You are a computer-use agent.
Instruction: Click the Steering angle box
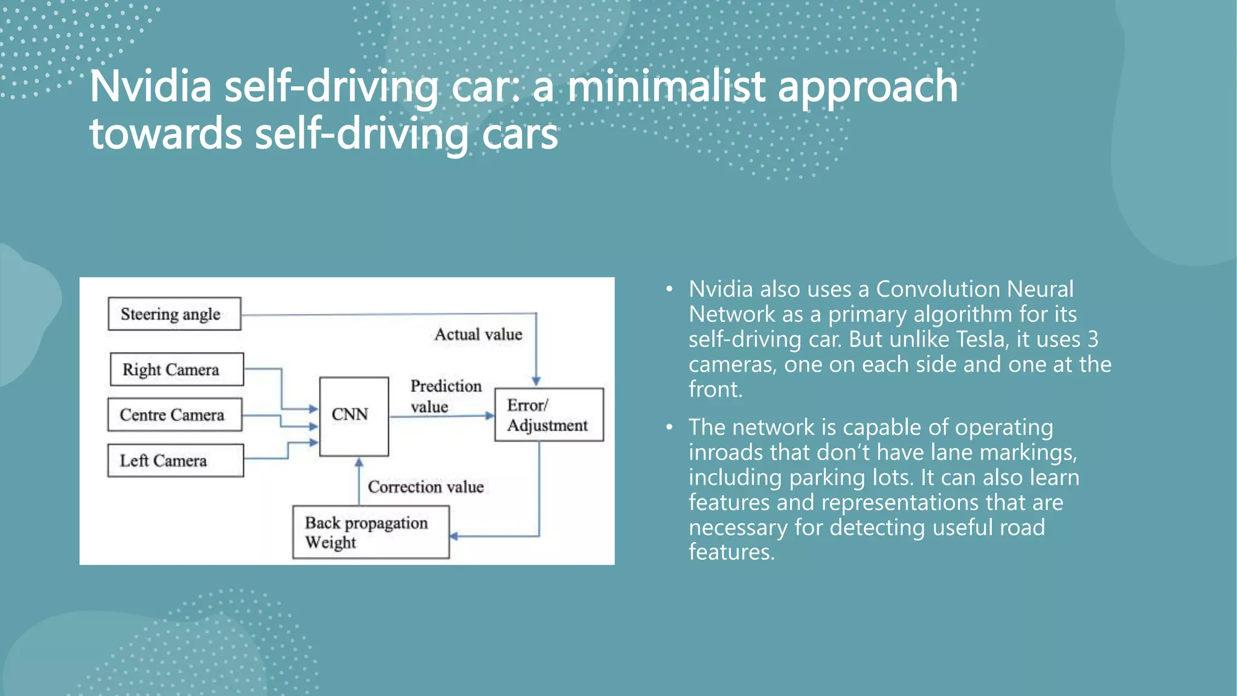[174, 314]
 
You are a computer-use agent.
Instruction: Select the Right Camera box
[176, 369]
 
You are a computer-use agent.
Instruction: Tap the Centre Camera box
[175, 414]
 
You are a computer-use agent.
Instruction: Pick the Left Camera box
[175, 460]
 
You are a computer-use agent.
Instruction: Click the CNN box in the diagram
[353, 416]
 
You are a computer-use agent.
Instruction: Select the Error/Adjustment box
[548, 415]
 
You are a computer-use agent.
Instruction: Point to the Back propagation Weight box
[370, 532]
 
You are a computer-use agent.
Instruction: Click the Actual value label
[478, 334]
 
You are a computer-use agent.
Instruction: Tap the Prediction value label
[445, 396]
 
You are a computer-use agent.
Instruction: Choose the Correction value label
[425, 486]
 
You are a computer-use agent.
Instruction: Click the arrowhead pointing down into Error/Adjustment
[536, 381]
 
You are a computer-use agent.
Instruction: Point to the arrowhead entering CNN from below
[359, 462]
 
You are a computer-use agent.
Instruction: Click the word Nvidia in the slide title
[150, 86]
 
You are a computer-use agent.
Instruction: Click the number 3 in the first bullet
[1093, 340]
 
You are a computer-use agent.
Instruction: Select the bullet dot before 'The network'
[669, 428]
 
